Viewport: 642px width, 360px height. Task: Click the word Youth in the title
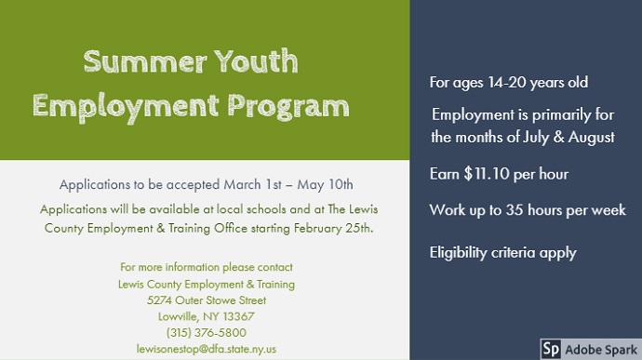point(256,61)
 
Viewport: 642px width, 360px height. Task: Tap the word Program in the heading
point(288,107)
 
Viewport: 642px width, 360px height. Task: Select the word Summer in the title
point(145,62)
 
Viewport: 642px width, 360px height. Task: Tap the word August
point(591,137)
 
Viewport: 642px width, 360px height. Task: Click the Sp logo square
point(551,350)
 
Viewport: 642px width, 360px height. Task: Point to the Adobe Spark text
point(601,350)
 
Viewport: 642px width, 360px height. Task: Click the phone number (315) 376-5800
point(207,333)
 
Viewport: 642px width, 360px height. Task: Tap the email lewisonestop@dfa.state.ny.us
point(207,349)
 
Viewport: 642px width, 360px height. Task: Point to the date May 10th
point(325,185)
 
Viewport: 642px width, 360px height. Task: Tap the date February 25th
point(333,228)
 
